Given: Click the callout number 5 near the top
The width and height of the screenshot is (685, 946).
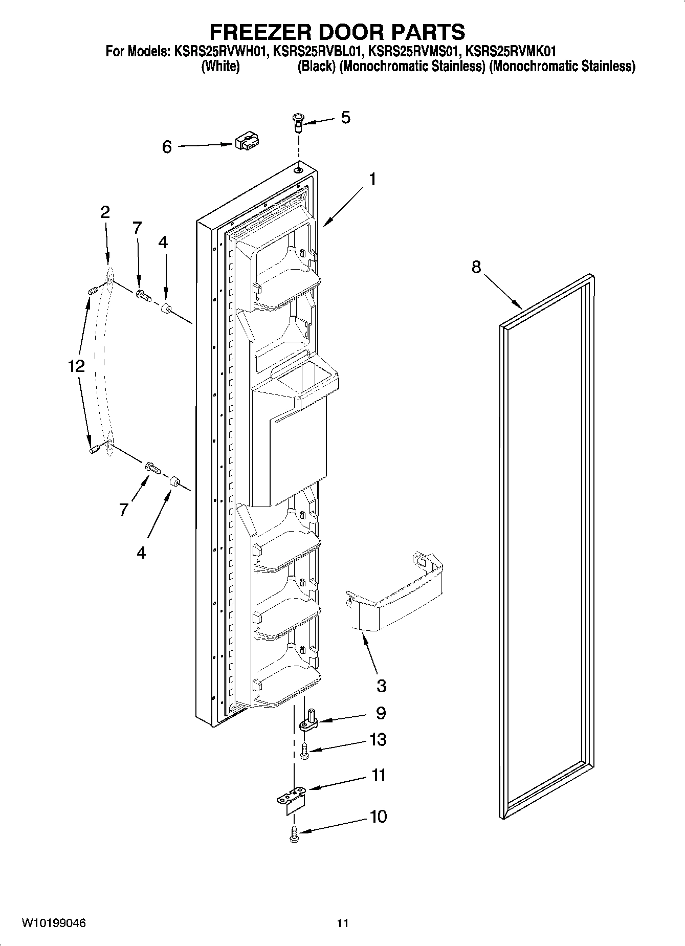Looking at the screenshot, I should (x=346, y=118).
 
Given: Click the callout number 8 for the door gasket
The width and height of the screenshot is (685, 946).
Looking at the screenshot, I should (x=476, y=267).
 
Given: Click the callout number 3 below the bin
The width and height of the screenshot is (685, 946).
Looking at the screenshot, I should (x=381, y=686).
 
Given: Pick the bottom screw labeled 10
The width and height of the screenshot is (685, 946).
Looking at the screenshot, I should (x=294, y=834).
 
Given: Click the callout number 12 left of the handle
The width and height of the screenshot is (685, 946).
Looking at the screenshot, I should (x=76, y=366).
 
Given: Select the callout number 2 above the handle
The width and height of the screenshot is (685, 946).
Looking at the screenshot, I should (x=105, y=212).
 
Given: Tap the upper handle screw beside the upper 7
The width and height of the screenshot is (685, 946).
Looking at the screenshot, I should (x=143, y=295).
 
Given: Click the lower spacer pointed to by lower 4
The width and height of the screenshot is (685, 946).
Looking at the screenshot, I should (x=174, y=481).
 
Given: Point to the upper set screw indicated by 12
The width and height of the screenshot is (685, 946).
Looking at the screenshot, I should (x=93, y=291).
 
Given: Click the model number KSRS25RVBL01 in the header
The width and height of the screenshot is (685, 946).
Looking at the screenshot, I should (x=319, y=51).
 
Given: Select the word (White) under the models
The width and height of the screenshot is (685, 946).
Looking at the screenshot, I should (x=220, y=67).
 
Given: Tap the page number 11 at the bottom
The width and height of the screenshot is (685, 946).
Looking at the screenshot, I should (x=342, y=923).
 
